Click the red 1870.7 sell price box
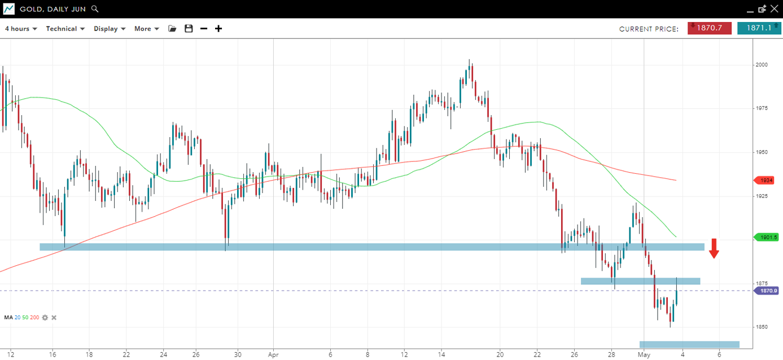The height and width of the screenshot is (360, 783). click(x=709, y=28)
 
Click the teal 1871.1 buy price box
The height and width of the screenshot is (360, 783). click(x=759, y=28)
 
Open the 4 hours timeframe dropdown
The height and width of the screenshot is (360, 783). click(x=21, y=29)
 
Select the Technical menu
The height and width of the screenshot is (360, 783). click(x=65, y=29)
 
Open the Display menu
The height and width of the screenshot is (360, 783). click(x=110, y=29)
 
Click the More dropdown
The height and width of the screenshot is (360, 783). click(x=146, y=29)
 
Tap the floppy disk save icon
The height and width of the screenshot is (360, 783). click(x=189, y=29)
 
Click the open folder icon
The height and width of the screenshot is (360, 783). click(x=172, y=29)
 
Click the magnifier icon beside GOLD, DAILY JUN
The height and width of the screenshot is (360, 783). click(x=95, y=9)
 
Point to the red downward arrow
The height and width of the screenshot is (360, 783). click(x=714, y=248)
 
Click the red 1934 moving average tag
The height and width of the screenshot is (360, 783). click(x=766, y=180)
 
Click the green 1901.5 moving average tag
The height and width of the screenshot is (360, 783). click(x=767, y=238)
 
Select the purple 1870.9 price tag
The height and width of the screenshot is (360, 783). click(x=767, y=291)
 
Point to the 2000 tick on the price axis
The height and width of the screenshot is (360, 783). click(x=762, y=65)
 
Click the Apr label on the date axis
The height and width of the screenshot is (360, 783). click(x=273, y=354)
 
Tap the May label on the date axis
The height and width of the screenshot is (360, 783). click(x=644, y=354)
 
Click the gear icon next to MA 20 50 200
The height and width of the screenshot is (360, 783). click(x=45, y=318)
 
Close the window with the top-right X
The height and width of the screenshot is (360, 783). click(x=774, y=9)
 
